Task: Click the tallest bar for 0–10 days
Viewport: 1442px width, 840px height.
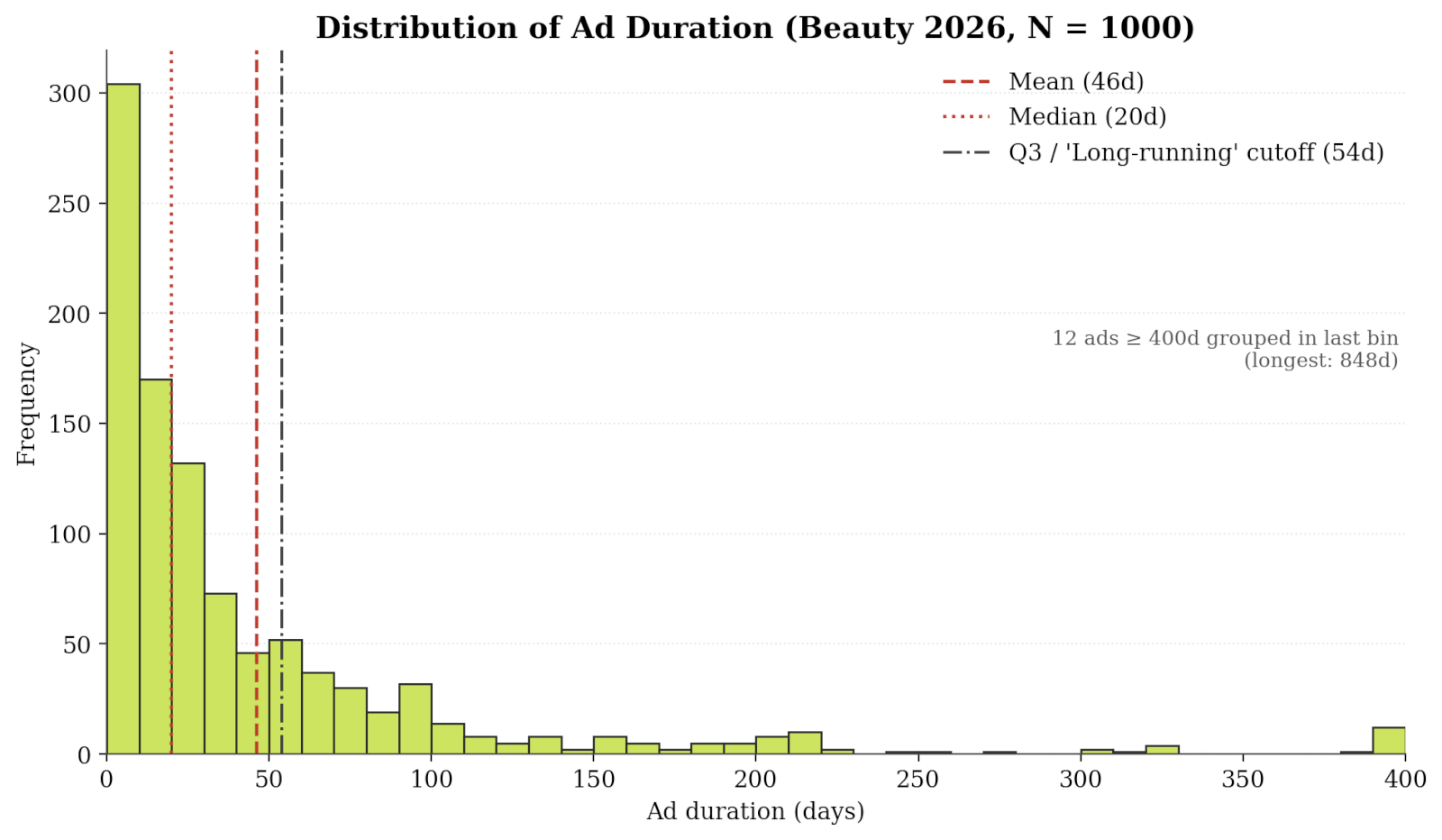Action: tap(123, 418)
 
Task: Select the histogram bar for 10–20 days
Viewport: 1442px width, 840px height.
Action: tap(156, 566)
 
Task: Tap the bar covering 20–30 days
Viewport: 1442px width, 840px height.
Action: tap(188, 608)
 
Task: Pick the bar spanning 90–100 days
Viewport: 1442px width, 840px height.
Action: tap(415, 718)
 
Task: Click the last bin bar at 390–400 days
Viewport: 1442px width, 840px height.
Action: tap(1389, 740)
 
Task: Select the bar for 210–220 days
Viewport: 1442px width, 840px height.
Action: tap(805, 743)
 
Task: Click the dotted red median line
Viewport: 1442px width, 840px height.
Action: tap(172, 402)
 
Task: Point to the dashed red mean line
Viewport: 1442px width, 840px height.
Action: tap(256, 402)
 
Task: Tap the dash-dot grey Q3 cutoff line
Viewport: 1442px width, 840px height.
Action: tap(282, 402)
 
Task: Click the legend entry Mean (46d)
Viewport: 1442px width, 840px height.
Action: tap(1044, 82)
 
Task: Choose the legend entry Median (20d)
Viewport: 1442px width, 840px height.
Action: tap(1054, 116)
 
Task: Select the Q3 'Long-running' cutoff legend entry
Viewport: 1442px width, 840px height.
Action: tap(1164, 152)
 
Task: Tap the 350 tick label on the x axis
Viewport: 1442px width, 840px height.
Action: tap(1243, 780)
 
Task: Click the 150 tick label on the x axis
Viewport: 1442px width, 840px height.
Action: tap(594, 780)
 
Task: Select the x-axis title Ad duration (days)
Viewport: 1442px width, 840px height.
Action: tap(755, 812)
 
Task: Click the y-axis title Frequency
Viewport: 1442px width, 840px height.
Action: tap(26, 404)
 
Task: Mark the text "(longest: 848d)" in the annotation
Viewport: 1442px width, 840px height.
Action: tap(1321, 361)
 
